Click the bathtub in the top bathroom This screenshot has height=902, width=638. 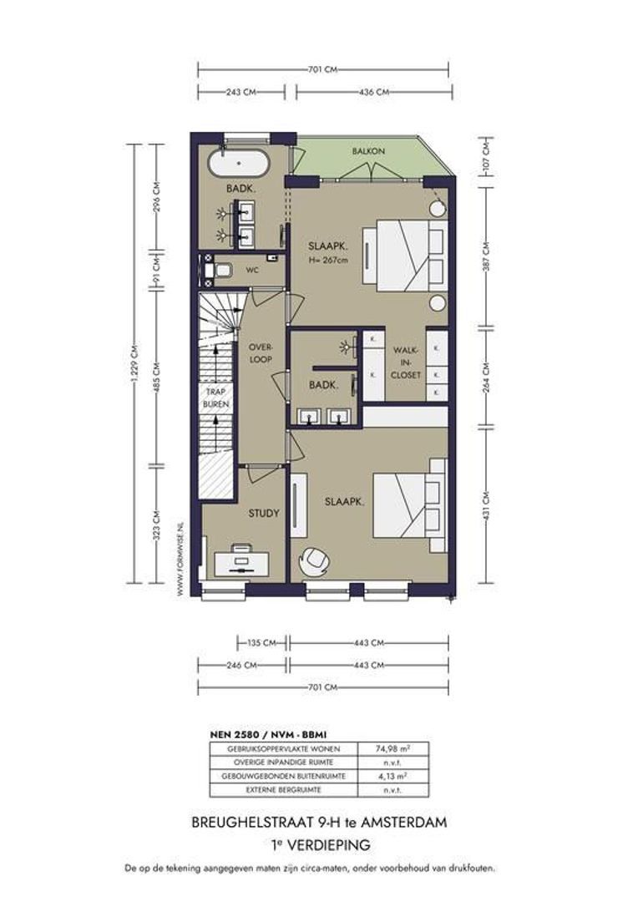238,164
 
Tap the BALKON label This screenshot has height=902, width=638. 369,151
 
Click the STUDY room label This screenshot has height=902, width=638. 264,513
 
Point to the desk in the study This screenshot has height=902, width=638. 241,562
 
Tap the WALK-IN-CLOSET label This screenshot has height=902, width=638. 406,362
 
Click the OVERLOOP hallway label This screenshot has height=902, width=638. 261,353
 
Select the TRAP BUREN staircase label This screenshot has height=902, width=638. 215,398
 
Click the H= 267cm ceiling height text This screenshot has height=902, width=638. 328,260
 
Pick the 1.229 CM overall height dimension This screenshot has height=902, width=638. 134,363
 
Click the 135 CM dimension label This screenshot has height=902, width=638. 262,643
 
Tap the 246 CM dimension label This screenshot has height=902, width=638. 241,665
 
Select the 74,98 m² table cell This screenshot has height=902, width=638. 393,748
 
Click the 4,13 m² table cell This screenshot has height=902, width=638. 393,776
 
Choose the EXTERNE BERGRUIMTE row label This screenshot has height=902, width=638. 284,790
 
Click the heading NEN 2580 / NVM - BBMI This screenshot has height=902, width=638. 269,735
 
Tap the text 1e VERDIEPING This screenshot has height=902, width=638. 321,845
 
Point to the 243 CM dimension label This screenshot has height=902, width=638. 241,92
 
